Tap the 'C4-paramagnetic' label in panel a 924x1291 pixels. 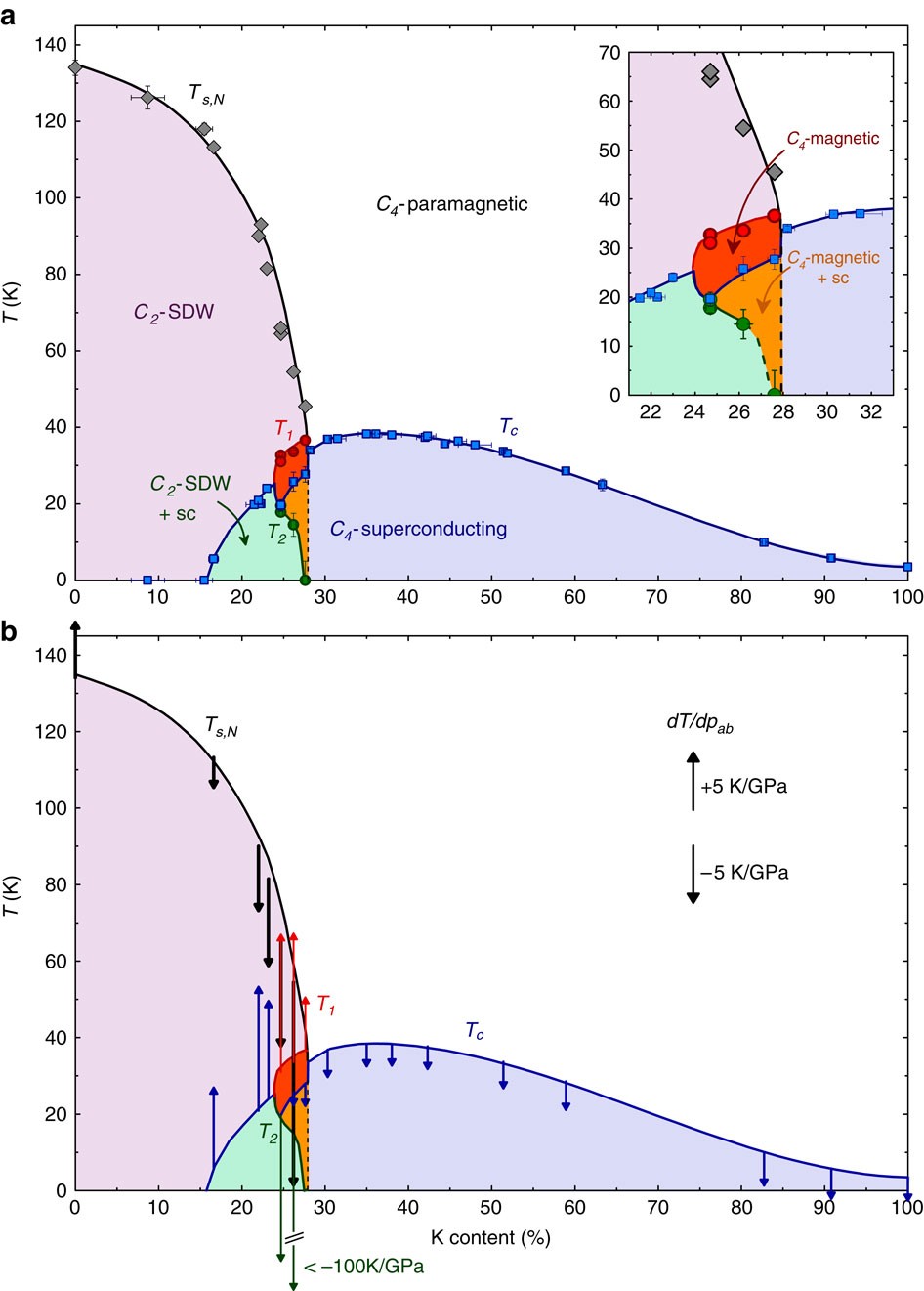pyautogui.click(x=451, y=204)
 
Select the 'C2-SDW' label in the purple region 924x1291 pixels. pyautogui.click(x=173, y=313)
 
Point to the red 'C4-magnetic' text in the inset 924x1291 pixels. pyautogui.click(x=833, y=139)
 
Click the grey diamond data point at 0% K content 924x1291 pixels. pyautogui.click(x=75, y=67)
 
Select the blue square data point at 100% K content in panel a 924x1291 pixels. pyautogui.click(x=907, y=567)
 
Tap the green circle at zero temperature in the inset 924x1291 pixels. pyautogui.click(x=775, y=394)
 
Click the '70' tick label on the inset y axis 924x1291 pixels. pyautogui.click(x=609, y=53)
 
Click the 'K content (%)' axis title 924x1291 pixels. pyautogui.click(x=490, y=1237)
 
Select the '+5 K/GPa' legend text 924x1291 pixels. pyautogui.click(x=743, y=786)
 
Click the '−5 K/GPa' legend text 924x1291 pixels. pyautogui.click(x=743, y=873)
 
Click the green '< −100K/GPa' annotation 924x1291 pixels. pyautogui.click(x=363, y=1267)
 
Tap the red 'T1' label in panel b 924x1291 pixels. pyautogui.click(x=325, y=1005)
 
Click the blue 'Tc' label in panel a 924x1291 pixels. pyautogui.click(x=509, y=427)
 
